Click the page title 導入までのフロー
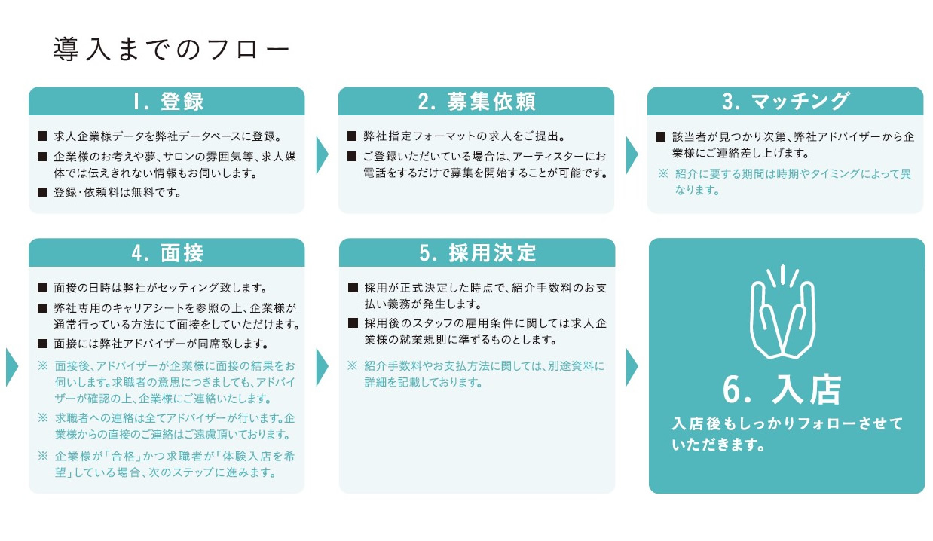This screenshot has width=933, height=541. [x=171, y=50]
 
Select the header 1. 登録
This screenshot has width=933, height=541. [x=168, y=102]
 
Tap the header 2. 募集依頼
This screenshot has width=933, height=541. [x=476, y=102]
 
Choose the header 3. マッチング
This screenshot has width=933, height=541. [x=785, y=102]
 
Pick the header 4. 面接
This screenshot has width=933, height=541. [x=167, y=253]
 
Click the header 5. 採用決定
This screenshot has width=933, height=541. [x=477, y=253]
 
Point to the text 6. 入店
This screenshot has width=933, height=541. [x=782, y=390]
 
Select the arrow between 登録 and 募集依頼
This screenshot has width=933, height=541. [x=323, y=154]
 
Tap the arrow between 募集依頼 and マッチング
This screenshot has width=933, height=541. [x=632, y=154]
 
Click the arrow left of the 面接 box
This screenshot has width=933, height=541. [x=12, y=367]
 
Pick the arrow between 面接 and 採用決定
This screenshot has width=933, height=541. [x=323, y=367]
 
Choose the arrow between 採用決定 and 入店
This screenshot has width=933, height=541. [x=632, y=367]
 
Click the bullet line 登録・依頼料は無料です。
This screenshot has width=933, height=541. [x=118, y=192]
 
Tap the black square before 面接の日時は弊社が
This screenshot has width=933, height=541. [x=42, y=287]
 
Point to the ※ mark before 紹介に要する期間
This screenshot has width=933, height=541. [x=663, y=173]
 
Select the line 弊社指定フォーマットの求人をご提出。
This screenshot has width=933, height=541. [x=464, y=136]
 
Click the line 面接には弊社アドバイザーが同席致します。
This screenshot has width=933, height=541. [x=161, y=344]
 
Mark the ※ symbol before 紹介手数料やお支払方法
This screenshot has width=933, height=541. [x=353, y=365]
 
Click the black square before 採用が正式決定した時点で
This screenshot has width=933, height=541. [x=353, y=287]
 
